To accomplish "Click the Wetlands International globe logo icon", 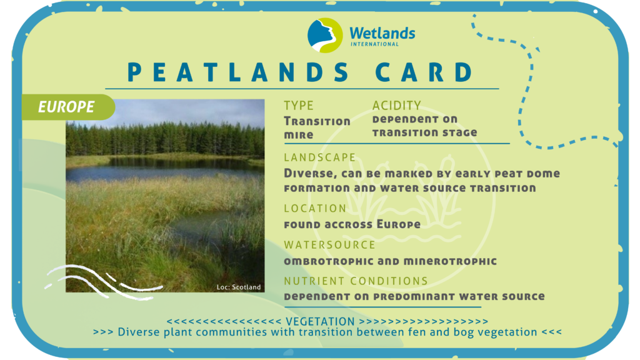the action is point(325,35).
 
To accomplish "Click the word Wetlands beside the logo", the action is point(382,32).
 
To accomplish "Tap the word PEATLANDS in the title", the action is point(238,72).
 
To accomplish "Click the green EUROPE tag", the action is point(68,107).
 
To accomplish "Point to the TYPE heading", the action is point(299,105).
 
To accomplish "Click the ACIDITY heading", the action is point(396,105).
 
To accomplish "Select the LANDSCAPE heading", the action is point(320,157).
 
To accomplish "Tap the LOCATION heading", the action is point(315,208).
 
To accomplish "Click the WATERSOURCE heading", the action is point(329,244).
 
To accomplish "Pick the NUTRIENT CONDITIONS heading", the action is point(356,281).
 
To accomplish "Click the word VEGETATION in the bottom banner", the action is point(320,322).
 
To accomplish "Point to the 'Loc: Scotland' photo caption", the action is point(238,287).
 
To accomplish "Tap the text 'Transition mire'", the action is point(317,127).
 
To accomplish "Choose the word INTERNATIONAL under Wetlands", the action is point(375,44).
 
